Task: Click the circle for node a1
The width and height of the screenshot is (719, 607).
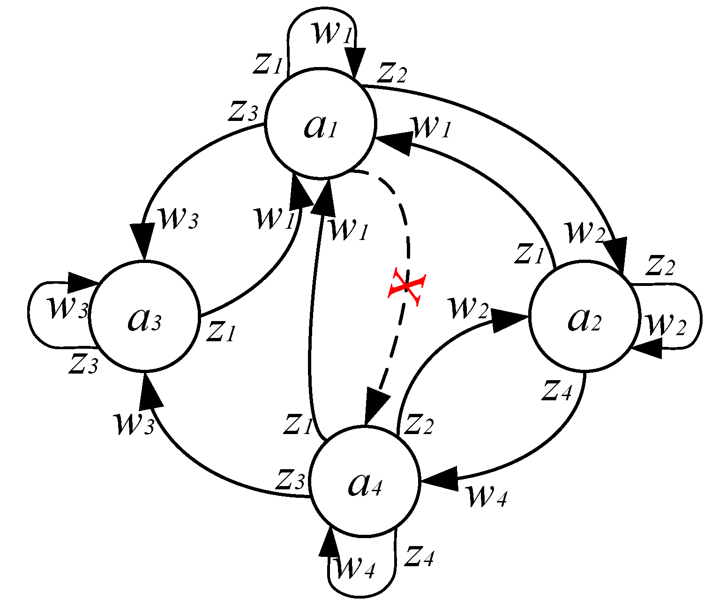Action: [321, 123]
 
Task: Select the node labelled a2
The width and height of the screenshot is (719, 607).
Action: [584, 317]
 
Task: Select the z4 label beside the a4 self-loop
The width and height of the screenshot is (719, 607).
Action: [419, 556]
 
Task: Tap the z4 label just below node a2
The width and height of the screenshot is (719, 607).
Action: [557, 390]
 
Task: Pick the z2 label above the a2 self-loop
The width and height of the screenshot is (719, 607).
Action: [660, 265]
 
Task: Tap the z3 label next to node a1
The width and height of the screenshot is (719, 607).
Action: [243, 111]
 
